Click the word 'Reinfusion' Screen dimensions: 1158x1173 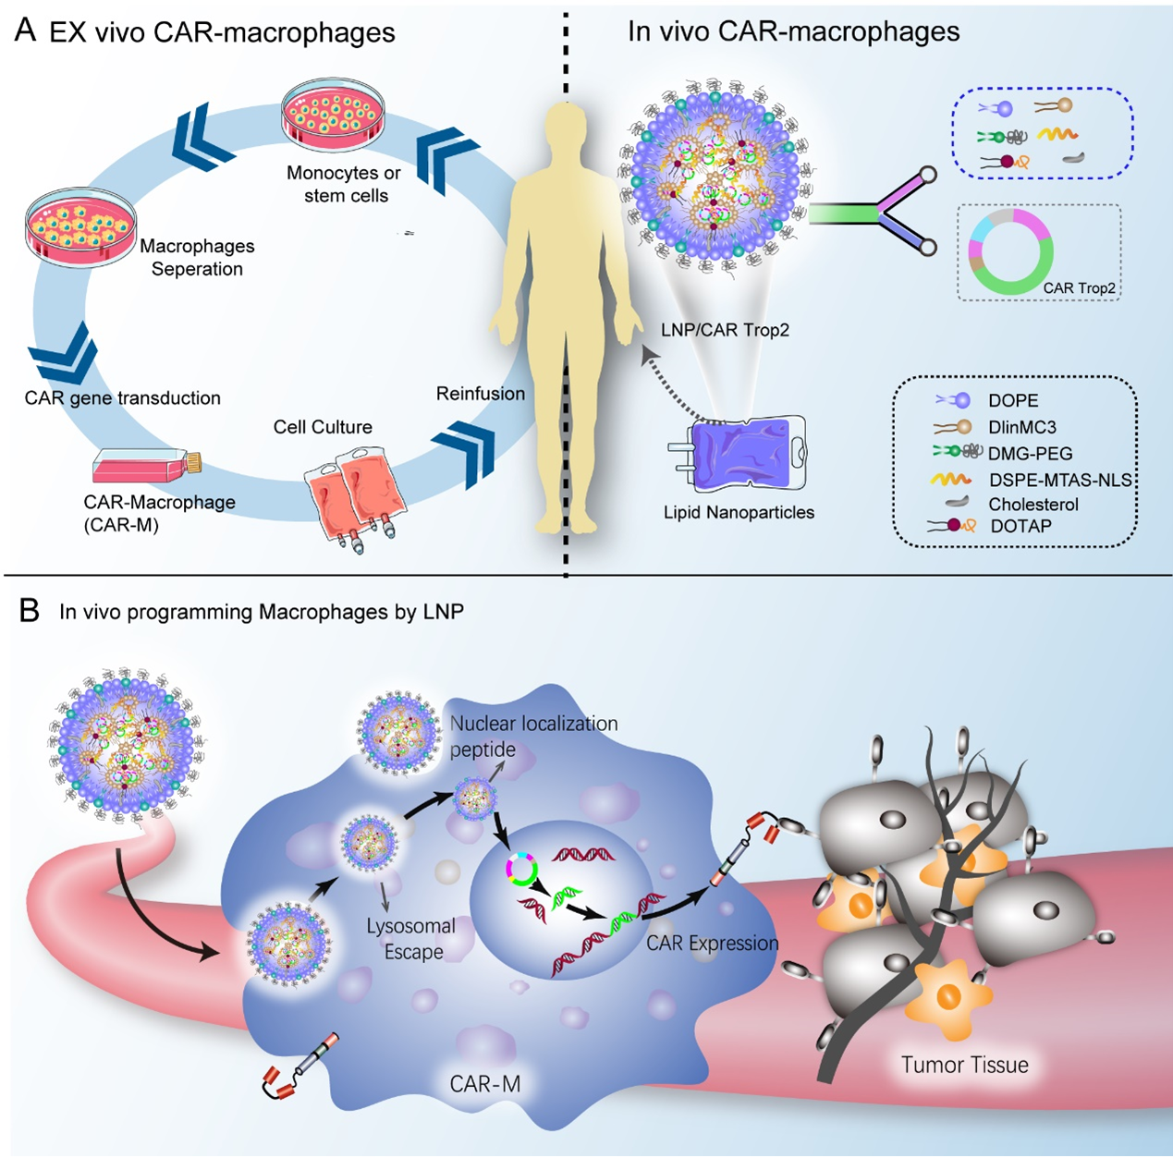coord(481,394)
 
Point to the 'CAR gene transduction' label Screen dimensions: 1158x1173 coord(123,398)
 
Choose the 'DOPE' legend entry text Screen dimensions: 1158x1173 coord(1013,401)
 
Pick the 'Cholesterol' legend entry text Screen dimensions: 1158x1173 coord(1033,505)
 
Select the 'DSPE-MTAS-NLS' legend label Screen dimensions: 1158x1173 coord(1060,479)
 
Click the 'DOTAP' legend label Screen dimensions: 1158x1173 coord(1020,526)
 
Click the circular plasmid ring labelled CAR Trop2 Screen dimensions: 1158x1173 coord(1010,251)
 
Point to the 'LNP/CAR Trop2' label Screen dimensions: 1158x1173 coord(725,330)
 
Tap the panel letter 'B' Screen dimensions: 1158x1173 coord(30,611)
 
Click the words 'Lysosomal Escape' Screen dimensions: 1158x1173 coord(411,939)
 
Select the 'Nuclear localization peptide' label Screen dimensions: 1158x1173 coord(533,736)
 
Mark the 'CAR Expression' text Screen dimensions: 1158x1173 coord(712,944)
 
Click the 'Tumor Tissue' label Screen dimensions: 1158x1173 coord(964,1065)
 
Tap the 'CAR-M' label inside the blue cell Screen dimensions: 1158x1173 coord(484,1084)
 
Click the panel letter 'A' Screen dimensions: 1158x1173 coord(26,30)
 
